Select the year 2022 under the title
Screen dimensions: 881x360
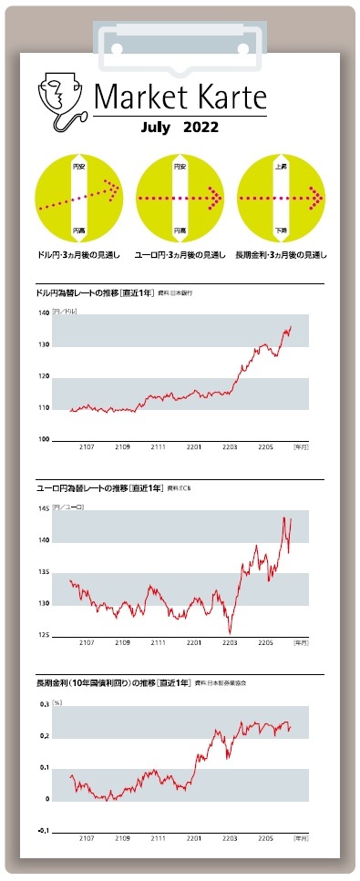coord(201,128)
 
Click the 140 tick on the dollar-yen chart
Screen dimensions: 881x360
coord(43,313)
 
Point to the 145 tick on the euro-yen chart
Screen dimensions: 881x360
coord(43,508)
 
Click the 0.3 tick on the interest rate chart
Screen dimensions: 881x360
coord(43,704)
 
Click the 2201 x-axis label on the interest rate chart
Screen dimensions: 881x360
coord(193,837)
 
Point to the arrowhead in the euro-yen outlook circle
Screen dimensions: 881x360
coord(216,197)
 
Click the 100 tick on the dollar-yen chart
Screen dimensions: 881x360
coord(43,440)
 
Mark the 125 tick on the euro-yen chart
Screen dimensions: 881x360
coord(43,635)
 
